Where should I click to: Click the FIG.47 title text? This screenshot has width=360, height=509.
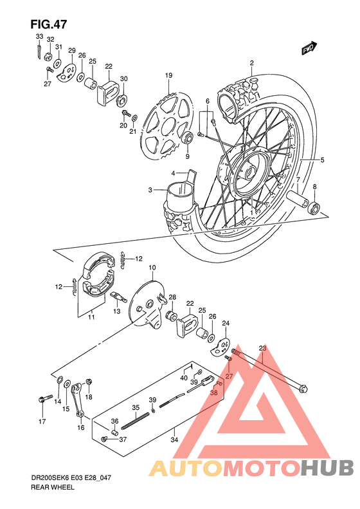coord(48,24)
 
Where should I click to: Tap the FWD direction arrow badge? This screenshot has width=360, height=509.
coord(309,48)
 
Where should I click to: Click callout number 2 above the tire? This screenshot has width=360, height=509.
coord(252,63)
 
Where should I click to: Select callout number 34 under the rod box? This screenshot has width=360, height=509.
coord(174,440)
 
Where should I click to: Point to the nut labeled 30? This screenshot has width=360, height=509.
coord(122,99)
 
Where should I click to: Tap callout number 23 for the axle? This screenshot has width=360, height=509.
coord(262,348)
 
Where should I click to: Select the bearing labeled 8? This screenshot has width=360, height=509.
coord(314,207)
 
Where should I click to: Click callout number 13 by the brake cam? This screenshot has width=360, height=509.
coord(117,311)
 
